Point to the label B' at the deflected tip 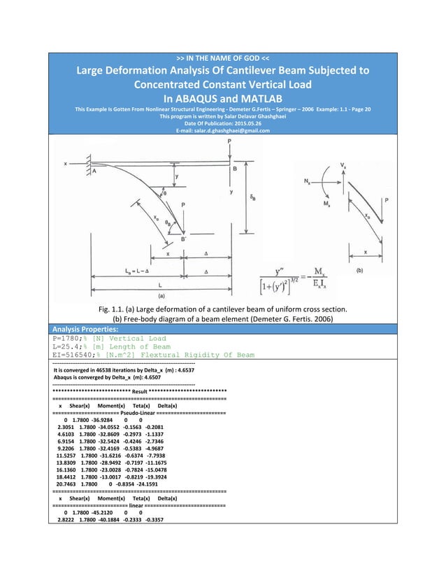pyautogui.click(x=184, y=239)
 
